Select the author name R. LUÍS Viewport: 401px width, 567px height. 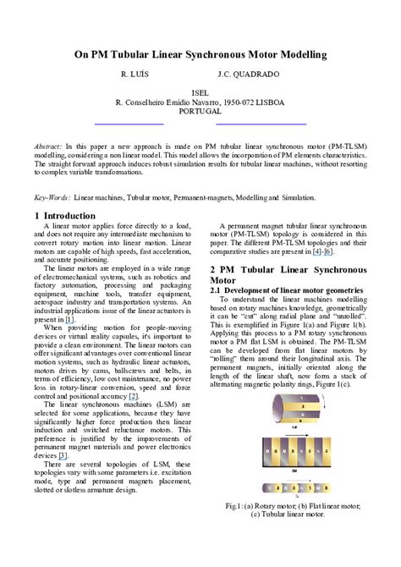point(135,74)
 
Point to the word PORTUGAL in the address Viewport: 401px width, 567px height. point(200,111)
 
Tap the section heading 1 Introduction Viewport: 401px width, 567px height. point(65,216)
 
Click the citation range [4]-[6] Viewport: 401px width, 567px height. point(322,251)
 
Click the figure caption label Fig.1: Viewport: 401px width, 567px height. point(237,505)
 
